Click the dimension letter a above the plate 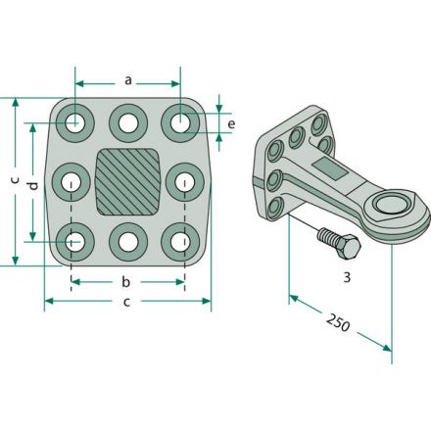pos(128,80)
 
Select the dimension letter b pos(125,281)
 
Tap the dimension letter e pos(231,124)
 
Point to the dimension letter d pos(33,186)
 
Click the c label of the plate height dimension pos(15,179)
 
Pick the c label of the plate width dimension pos(126,302)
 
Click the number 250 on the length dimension pos(338,322)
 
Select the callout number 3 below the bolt pos(347,277)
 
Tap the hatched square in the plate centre pos(128,182)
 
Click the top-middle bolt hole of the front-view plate pos(128,123)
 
